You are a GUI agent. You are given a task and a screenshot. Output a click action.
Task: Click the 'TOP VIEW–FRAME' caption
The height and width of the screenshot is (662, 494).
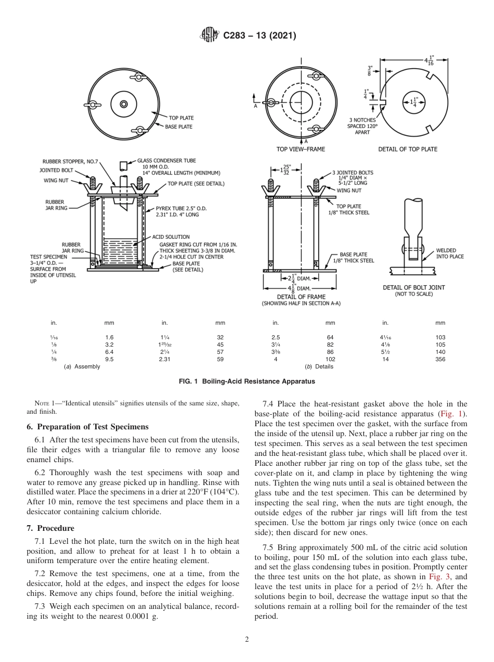point(301,149)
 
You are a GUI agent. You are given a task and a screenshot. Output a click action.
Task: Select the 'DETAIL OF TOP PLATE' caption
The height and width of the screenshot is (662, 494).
point(408,149)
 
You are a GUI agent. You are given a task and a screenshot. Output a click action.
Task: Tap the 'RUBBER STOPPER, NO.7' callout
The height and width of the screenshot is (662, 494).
point(70,161)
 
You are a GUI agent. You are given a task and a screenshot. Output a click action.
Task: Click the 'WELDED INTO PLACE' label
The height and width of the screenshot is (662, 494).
point(450,253)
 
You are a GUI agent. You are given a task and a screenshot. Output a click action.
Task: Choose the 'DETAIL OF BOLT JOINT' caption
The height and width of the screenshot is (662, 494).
point(413,287)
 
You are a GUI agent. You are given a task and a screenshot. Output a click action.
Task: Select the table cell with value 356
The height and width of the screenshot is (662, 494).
point(440,359)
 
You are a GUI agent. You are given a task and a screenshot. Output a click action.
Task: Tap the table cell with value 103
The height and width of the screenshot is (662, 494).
point(440,337)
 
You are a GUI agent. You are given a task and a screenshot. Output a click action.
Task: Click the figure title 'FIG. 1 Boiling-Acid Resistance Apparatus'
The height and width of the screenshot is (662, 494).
point(247,381)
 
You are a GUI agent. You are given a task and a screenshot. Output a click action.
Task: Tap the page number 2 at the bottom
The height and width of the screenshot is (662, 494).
point(247,640)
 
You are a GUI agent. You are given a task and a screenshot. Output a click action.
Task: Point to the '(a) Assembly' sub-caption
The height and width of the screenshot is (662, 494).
point(82,366)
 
